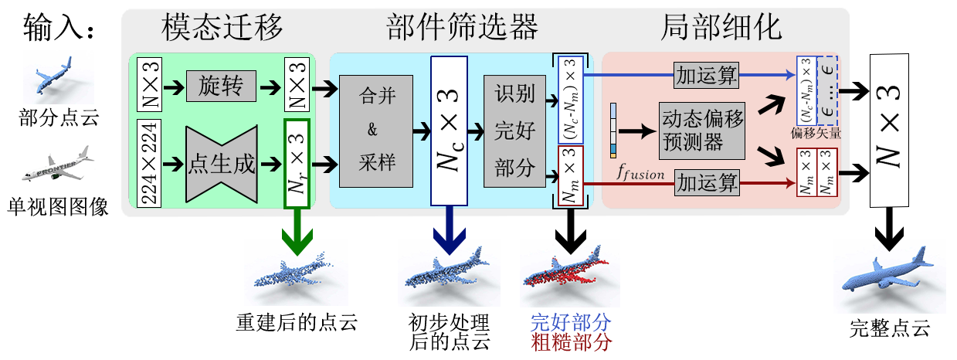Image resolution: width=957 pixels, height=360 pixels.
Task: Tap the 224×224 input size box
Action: [x=148, y=164]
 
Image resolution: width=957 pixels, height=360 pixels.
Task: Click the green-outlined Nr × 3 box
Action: [x=297, y=164]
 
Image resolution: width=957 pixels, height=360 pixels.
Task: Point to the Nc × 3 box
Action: [x=447, y=130]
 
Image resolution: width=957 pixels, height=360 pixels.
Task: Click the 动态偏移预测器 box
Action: [x=703, y=131]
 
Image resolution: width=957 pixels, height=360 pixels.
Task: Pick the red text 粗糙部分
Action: [x=572, y=342]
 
